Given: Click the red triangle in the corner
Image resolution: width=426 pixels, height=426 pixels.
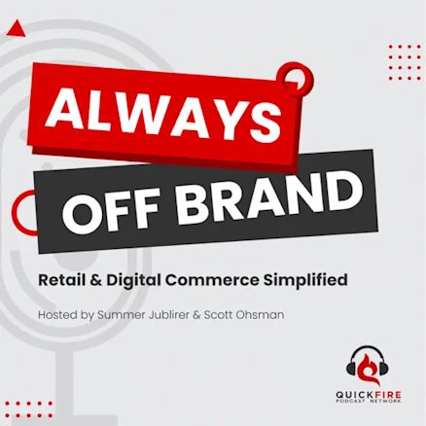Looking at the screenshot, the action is tap(16, 29).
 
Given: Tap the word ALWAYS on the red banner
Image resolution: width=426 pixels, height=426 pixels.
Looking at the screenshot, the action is tap(163, 116).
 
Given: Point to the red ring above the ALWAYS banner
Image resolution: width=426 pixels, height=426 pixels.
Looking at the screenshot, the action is tap(310, 75).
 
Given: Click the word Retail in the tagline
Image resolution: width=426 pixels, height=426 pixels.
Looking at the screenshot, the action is tap(61, 280).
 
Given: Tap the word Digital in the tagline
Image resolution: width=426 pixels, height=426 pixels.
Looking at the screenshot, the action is tap(134, 281).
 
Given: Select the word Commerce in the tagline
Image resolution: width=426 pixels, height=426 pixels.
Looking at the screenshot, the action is tap(212, 280).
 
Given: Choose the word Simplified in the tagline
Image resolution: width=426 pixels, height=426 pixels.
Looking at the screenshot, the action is tap(305, 280).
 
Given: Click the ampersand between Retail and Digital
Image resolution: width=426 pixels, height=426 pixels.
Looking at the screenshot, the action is tap(95, 280).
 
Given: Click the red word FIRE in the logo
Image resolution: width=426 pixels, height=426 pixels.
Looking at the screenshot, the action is tap(386, 395).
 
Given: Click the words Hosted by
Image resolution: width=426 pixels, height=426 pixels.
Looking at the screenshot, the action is tap(66, 315).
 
